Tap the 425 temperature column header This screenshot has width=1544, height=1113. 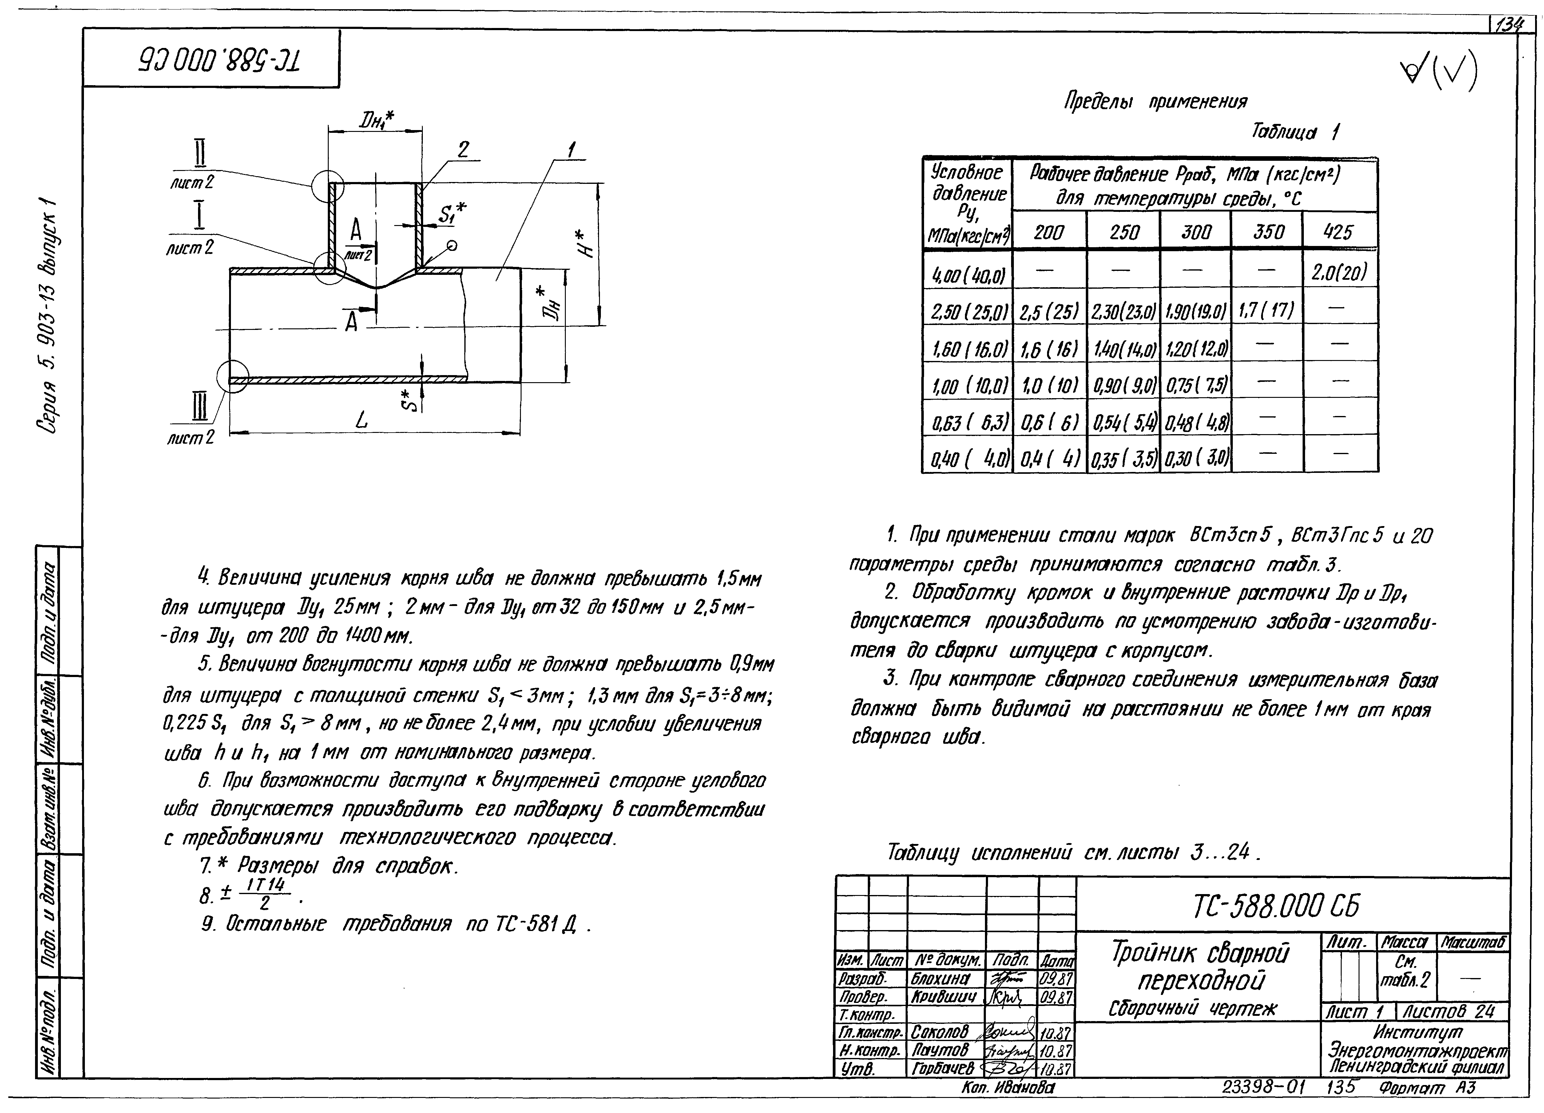coord(1338,232)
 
